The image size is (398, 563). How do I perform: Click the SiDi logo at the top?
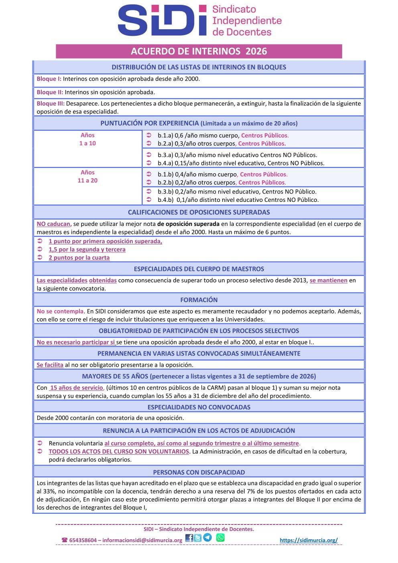[162, 20]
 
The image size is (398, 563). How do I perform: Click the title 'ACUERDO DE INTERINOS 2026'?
[199, 51]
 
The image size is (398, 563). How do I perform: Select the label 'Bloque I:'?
[49, 79]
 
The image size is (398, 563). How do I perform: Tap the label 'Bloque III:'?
[51, 104]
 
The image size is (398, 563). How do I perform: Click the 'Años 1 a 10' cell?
[87, 139]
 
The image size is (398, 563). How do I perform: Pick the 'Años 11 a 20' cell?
[87, 177]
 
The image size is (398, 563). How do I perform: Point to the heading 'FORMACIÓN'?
[199, 300]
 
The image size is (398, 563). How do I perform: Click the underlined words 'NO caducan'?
[54, 224]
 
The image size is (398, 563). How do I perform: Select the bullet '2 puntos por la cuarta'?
[79, 258]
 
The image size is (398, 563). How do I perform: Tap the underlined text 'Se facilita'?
[50, 365]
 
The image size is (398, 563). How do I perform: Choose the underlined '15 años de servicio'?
[76, 388]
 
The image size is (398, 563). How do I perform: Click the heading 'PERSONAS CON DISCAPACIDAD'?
[199, 472]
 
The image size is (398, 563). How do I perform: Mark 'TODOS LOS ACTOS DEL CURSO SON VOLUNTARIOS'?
[119, 451]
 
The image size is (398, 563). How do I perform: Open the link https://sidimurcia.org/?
[309, 540]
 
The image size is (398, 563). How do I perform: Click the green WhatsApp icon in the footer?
[220, 538]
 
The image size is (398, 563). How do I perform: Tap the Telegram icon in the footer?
[207, 538]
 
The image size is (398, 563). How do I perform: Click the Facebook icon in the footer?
[189, 538]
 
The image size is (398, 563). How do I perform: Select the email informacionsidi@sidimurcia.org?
[142, 540]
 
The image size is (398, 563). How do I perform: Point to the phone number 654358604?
[83, 540]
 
